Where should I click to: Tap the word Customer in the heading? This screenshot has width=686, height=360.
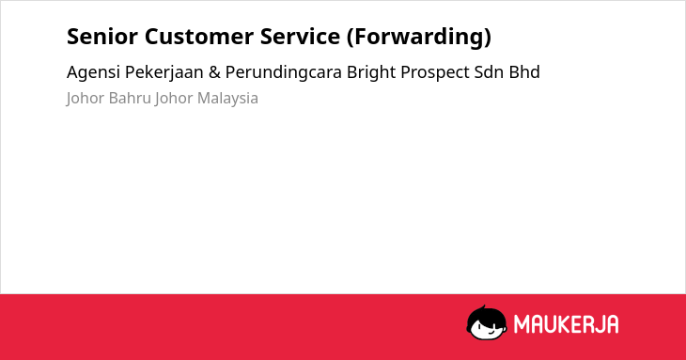[x=198, y=37]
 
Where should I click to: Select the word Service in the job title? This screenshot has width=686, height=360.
[x=300, y=37]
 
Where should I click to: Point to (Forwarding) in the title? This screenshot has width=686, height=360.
[x=419, y=38]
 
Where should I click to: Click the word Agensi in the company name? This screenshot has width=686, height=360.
[x=93, y=72]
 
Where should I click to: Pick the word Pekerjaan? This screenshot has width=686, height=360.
[x=164, y=72]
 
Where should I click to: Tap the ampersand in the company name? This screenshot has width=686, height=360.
[x=214, y=72]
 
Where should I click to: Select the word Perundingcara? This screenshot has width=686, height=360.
[x=284, y=72]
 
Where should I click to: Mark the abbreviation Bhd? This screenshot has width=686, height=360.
[x=524, y=72]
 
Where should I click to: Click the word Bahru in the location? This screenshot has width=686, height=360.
[x=130, y=98]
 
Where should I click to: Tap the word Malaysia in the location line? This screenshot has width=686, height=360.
[x=227, y=99]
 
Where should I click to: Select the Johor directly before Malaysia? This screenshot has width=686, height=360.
[x=174, y=99]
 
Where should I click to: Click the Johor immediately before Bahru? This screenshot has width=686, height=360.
[x=86, y=99]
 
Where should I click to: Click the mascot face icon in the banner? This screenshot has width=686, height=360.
[x=487, y=322]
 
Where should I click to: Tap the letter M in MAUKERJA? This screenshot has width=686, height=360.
[x=522, y=324]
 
